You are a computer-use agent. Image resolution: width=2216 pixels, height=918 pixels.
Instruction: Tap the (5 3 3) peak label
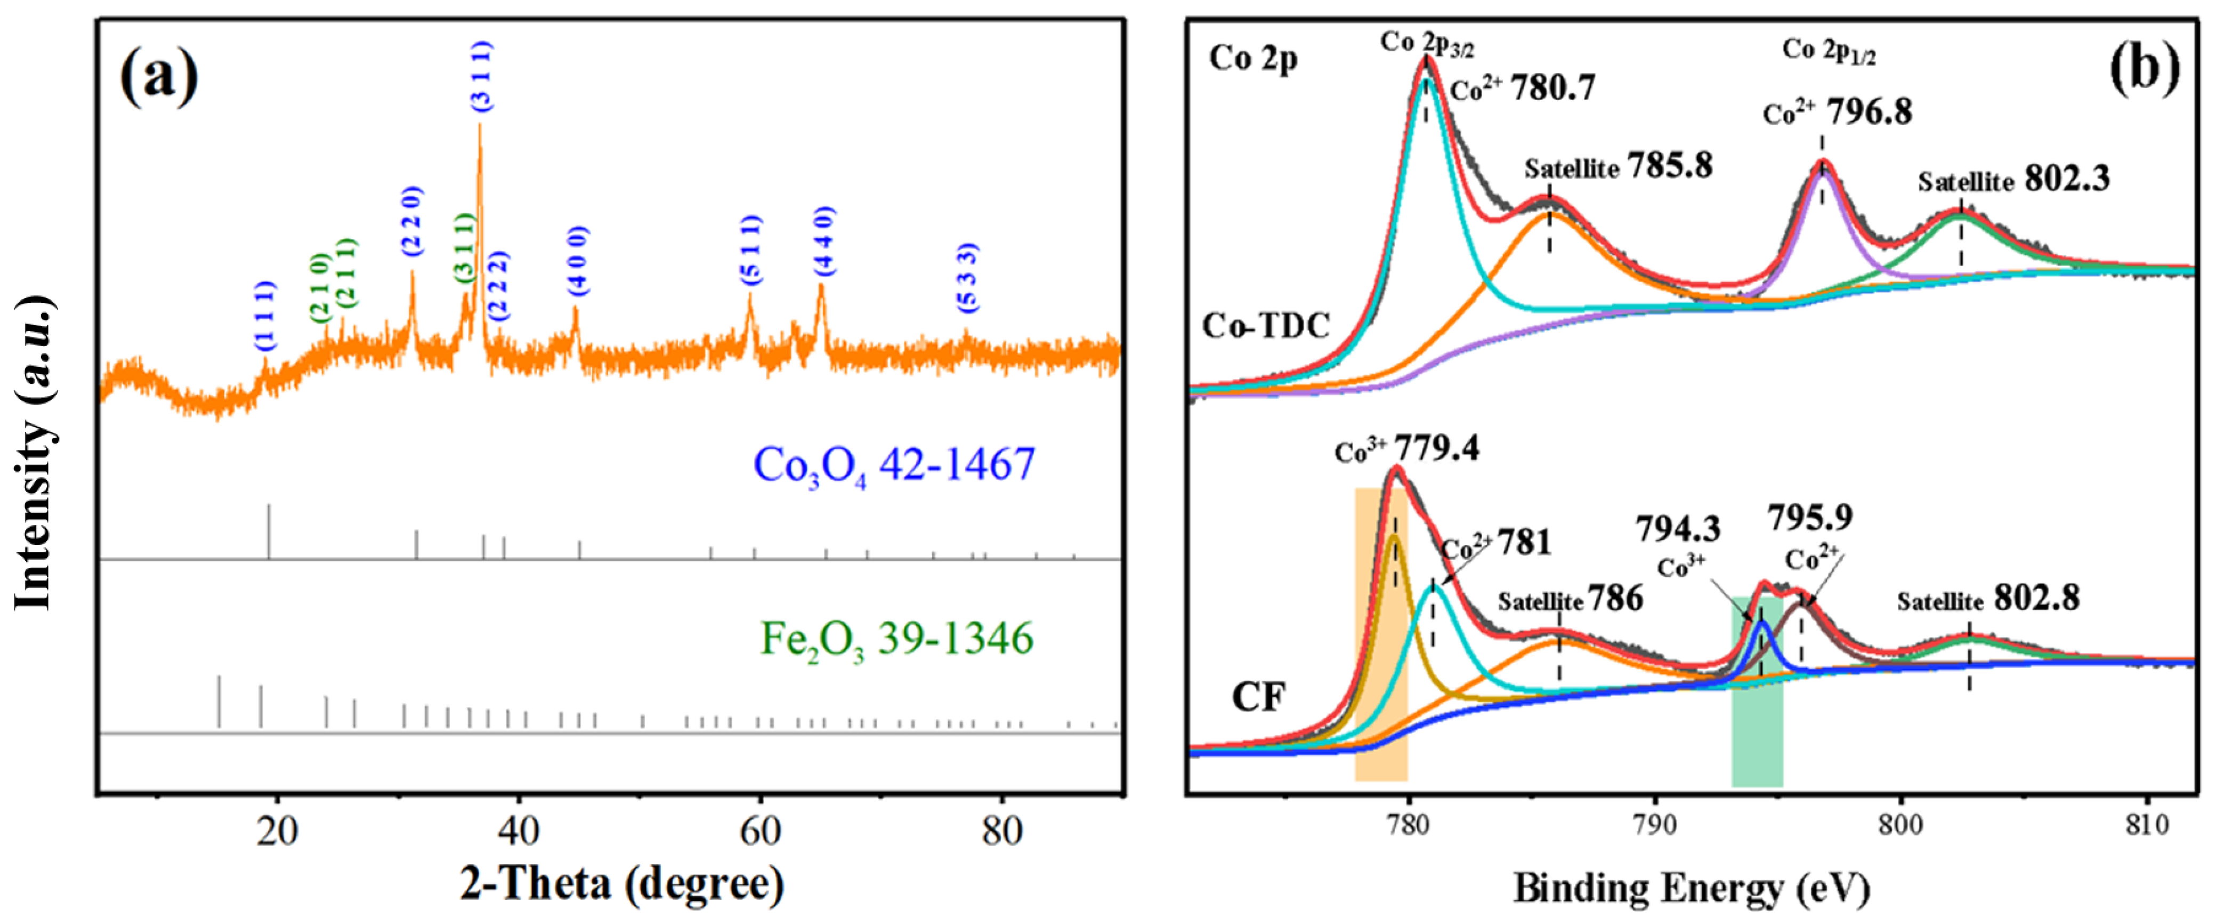(968, 277)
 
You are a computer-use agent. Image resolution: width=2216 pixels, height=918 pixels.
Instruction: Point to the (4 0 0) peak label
(579, 261)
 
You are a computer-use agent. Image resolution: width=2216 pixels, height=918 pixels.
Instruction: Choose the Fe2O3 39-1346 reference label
(896, 638)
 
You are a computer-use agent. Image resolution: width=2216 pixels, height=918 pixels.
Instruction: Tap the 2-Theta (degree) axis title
(622, 883)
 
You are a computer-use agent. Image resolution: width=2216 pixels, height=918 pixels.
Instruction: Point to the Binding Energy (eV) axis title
(1691, 888)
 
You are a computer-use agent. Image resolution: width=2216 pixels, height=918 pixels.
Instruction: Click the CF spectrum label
(1258, 696)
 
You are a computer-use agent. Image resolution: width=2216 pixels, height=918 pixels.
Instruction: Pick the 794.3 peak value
(1678, 529)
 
